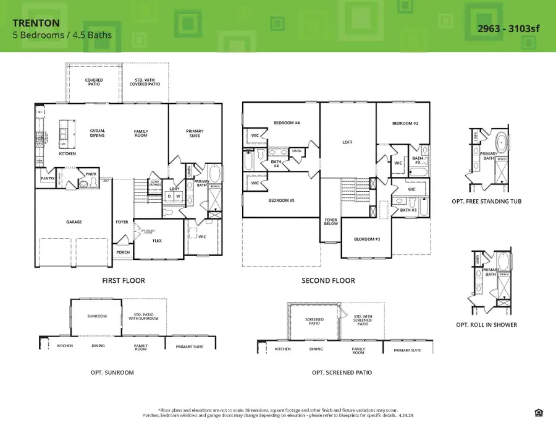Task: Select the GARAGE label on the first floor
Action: click(74, 221)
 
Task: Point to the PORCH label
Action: click(123, 252)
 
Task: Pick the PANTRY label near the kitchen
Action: click(48, 179)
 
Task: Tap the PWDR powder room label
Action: click(91, 174)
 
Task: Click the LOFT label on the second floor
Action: click(347, 142)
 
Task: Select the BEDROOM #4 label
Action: click(287, 123)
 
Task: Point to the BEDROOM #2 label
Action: click(405, 124)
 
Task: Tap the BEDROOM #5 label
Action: click(281, 200)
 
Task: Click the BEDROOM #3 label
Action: click(367, 239)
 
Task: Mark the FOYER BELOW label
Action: click(331, 221)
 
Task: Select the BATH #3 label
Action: click(408, 210)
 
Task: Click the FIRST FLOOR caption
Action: click(124, 280)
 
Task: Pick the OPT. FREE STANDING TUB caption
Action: click(493, 201)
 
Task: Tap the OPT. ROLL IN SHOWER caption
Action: click(493, 324)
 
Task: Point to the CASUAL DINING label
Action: click(97, 133)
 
